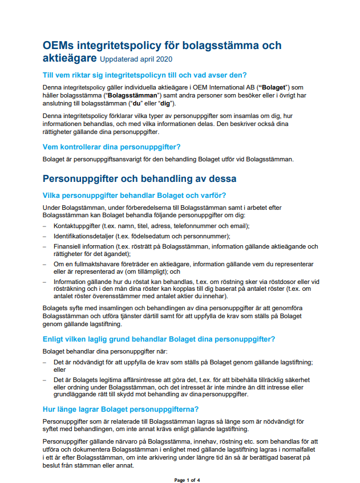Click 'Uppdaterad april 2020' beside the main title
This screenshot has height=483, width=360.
(136, 59)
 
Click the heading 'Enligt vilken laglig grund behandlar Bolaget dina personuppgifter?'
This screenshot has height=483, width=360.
(158, 339)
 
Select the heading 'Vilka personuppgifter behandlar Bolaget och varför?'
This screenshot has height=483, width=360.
(134, 195)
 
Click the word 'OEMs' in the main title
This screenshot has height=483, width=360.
(59, 46)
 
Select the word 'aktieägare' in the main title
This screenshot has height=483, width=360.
(70, 58)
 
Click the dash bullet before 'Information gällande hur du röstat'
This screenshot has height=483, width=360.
(45, 281)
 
